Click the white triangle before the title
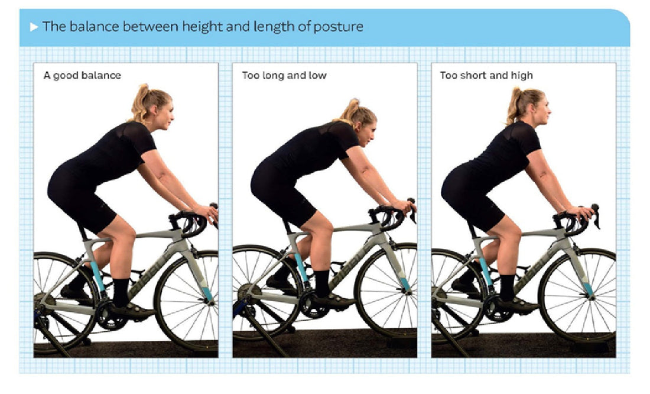[34, 27]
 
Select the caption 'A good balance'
[82, 75]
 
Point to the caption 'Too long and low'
[284, 75]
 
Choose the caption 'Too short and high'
[486, 75]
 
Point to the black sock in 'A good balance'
[121, 292]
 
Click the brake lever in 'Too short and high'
[596, 216]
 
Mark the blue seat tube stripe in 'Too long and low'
[301, 267]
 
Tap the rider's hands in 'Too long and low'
[405, 206]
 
